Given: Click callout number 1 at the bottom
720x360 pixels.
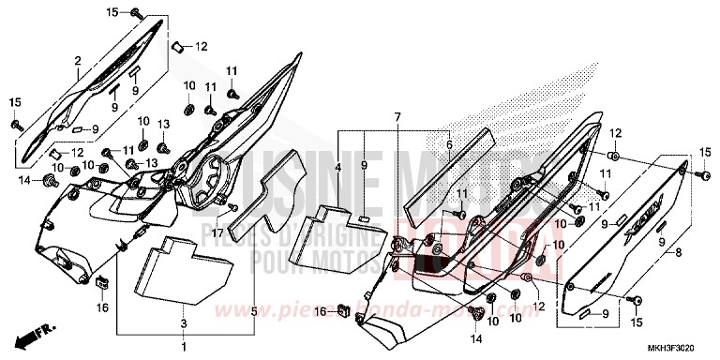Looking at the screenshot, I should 184,347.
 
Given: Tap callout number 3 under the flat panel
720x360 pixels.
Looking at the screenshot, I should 184,323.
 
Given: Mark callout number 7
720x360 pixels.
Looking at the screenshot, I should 397,116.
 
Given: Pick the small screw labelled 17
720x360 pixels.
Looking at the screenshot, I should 231,206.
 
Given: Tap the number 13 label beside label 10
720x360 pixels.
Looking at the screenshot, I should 163,124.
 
